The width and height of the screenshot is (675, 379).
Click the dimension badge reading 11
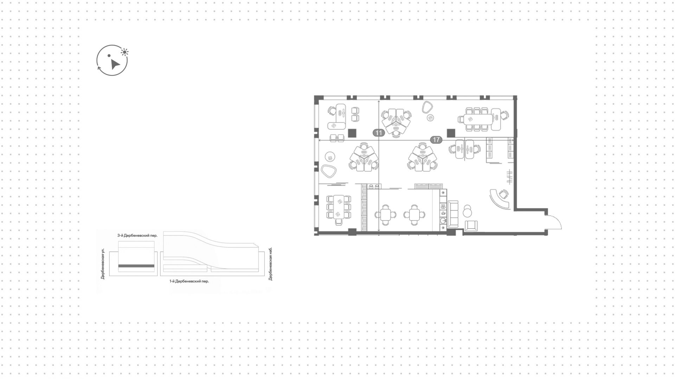click(379, 133)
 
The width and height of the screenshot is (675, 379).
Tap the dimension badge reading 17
click(436, 140)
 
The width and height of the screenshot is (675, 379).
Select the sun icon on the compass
click(124, 52)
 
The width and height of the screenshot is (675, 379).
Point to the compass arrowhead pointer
click(115, 64)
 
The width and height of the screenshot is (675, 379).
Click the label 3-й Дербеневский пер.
click(137, 236)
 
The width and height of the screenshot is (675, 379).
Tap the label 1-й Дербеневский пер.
click(189, 281)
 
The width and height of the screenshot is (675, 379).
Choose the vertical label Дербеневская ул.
click(103, 264)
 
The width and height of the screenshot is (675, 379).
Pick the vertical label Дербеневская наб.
click(270, 264)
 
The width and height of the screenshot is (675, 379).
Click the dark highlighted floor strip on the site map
click(136, 266)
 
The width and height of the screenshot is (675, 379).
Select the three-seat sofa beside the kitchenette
click(453, 213)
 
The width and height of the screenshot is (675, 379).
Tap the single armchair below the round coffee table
click(471, 226)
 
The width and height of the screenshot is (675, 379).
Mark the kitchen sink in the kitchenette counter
click(443, 221)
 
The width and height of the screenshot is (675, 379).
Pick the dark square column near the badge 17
click(451, 133)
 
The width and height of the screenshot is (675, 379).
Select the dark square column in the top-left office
click(352, 133)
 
